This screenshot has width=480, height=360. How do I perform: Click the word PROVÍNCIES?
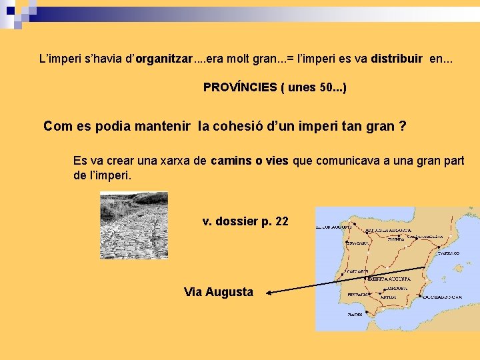pyautogui.click(x=234, y=87)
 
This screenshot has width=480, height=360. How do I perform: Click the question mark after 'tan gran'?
pyautogui.click(x=402, y=126)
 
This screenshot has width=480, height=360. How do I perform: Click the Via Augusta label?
pyautogui.click(x=219, y=291)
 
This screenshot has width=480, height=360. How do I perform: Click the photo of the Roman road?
pyautogui.click(x=133, y=225)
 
